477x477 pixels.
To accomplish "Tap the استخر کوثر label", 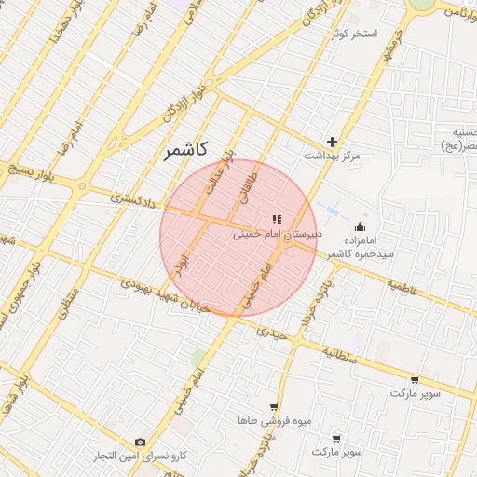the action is (352, 34).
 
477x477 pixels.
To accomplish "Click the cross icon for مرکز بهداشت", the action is (332, 142).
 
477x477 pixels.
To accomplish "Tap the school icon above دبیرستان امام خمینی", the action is (277, 218).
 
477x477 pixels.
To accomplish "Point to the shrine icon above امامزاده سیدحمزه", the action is (361, 226).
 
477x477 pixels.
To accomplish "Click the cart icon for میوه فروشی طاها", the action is (273, 407).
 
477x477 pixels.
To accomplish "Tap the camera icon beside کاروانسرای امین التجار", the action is (140, 442).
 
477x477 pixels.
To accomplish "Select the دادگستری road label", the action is (134, 198).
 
